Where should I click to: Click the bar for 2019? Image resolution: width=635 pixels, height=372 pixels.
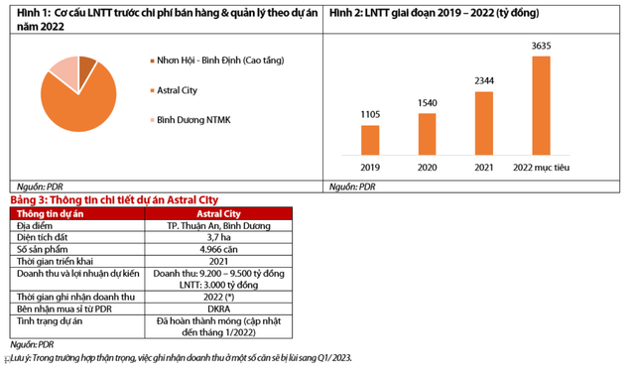pyautogui.click(x=370, y=139)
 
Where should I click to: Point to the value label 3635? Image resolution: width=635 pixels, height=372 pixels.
pyautogui.click(x=541, y=46)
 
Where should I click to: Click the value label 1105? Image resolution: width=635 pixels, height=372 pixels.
pyautogui.click(x=370, y=115)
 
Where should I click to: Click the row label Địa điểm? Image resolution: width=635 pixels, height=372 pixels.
pyautogui.click(x=40, y=226)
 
